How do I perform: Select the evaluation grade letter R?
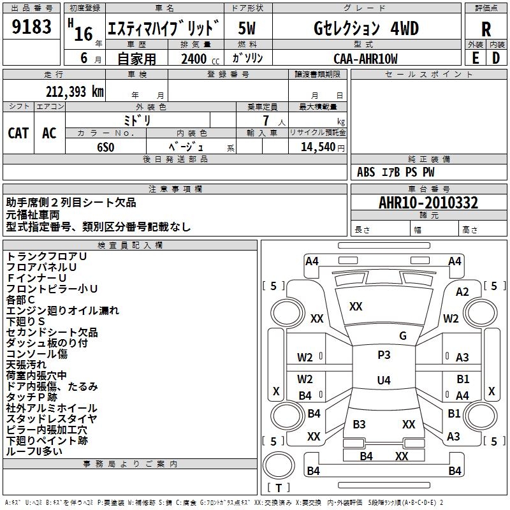coord(486,29)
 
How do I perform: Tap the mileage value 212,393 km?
coord(75,92)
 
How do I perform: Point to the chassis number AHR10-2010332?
coord(428,203)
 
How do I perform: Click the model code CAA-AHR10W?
coord(365,58)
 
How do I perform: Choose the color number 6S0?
coord(105,146)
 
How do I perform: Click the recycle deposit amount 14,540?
coord(317,146)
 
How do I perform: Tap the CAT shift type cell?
coord(18,133)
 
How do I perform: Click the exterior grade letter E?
coord(475,58)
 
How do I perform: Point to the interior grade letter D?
coord(496,58)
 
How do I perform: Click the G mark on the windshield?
coord(403,336)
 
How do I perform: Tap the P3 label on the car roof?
coord(384,355)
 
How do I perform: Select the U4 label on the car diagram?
coord(383,381)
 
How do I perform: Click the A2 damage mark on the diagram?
coord(462,292)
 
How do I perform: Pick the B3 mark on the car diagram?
coord(359,425)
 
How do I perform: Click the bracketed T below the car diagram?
coord(279,488)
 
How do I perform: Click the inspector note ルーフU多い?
coord(34,451)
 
